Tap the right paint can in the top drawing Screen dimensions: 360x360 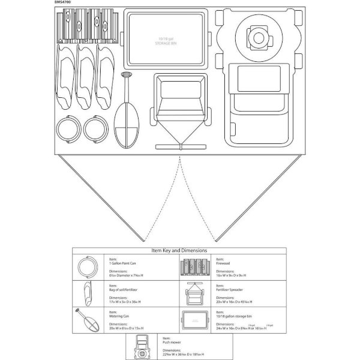click(x=94, y=130)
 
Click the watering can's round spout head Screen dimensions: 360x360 click(x=127, y=76)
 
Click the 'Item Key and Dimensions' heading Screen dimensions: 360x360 click(x=180, y=250)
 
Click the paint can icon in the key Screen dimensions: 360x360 click(x=89, y=266)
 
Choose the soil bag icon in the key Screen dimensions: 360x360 click(x=88, y=293)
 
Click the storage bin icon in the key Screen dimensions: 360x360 click(x=195, y=320)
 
